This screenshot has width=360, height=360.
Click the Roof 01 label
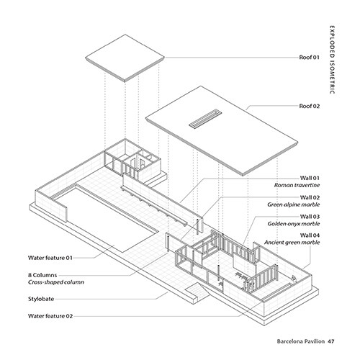309,58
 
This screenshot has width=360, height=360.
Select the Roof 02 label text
310,106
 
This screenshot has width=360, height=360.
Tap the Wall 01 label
310,178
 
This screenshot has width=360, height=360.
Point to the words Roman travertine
297,185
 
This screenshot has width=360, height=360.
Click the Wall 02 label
310,197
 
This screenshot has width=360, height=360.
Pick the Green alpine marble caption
294,204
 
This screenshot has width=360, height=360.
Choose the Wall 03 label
310,217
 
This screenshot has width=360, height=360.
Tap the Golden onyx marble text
294,224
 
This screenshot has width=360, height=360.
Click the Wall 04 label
310,235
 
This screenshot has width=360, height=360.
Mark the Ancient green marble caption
292,243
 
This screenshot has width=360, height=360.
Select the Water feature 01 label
50,258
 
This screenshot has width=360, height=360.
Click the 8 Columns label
42,275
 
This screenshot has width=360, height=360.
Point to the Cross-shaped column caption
56,282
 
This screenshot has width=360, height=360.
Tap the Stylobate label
41,299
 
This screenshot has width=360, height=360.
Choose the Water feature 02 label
50,316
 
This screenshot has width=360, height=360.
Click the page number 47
331,341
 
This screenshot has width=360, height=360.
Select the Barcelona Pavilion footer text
301,341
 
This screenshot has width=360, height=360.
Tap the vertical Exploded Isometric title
332,60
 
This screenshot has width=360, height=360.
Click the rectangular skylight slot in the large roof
205,118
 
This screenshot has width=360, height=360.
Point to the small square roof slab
125,58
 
